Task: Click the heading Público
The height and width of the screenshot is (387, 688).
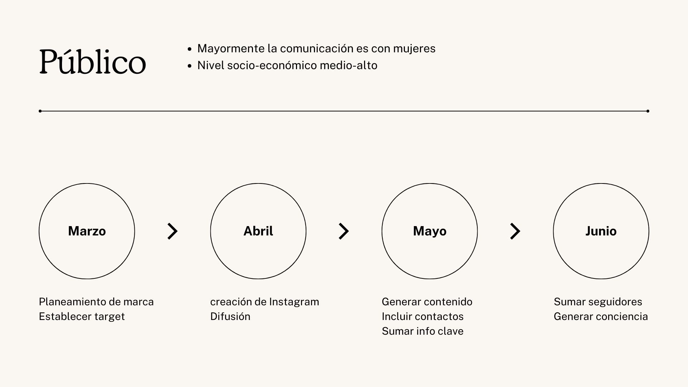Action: pos(92,62)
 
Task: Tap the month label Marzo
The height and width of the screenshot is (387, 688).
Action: pos(87,231)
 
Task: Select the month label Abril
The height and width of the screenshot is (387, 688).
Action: pos(258,231)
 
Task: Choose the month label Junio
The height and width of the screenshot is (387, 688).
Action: pos(601,231)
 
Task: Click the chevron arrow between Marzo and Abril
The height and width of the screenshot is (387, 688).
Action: pos(172,231)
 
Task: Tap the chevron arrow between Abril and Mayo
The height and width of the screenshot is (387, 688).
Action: pos(344,231)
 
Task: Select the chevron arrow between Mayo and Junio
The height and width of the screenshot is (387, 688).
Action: pos(515,231)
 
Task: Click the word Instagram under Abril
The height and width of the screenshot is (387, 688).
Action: pos(294,302)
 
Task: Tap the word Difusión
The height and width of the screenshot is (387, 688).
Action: pos(230,316)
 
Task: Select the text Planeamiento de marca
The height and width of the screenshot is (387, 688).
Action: pos(96,302)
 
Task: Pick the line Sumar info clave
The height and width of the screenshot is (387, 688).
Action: pos(422,331)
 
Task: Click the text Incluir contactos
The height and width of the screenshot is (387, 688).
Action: pos(422,316)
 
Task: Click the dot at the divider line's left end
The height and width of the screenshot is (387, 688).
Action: pos(40,111)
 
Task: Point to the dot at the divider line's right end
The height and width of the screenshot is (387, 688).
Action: pos(648,111)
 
